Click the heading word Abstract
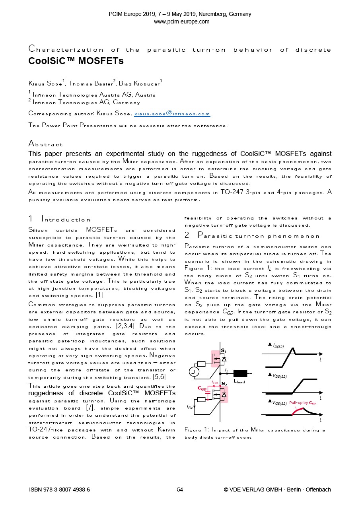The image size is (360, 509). tap(45, 144)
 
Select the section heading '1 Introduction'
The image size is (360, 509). tap(60, 219)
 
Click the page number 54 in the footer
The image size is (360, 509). tap(180, 490)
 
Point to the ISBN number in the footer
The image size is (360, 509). tap(59, 490)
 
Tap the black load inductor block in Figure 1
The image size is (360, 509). tap(240, 373)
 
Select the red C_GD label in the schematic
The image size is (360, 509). tap(202, 388)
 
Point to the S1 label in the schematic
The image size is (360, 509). tap(224, 351)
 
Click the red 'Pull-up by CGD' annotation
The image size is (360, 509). tap(302, 403)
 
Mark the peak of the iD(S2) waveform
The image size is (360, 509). tap(294, 348)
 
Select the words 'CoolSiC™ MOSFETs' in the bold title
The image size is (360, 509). tap(76, 61)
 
